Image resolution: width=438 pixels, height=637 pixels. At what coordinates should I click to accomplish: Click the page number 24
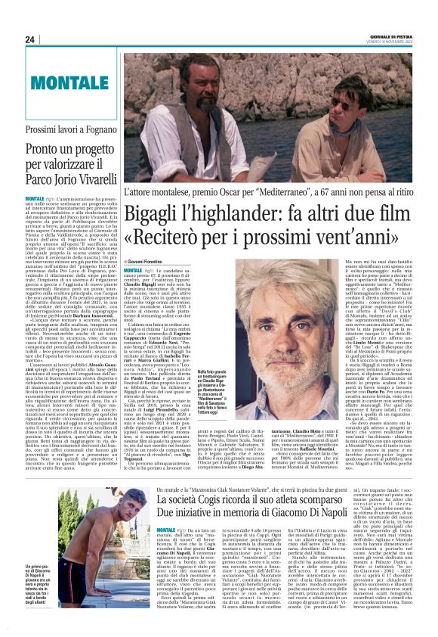30,39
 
